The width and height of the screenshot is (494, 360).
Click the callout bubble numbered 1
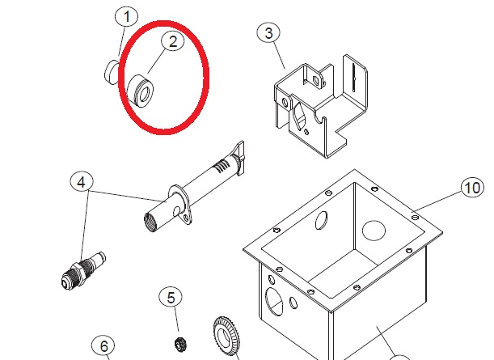(127, 16)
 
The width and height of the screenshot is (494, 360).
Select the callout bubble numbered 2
(173, 42)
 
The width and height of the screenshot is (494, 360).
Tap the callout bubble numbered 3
(268, 33)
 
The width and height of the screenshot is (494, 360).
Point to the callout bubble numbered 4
(82, 182)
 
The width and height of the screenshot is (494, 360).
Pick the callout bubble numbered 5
(171, 298)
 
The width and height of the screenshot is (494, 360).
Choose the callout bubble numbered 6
(103, 346)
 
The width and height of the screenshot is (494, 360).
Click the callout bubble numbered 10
(472, 188)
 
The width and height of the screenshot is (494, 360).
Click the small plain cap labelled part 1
(112, 73)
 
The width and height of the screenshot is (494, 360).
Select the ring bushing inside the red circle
(140, 91)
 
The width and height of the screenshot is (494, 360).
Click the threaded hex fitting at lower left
(83, 270)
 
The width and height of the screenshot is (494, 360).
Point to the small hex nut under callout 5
(180, 343)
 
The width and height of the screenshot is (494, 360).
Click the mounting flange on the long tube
(180, 205)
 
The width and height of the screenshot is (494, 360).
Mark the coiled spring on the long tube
(222, 167)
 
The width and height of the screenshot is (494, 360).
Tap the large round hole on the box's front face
(274, 302)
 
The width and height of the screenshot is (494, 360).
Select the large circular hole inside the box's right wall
(374, 230)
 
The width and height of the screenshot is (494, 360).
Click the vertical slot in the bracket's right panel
(354, 77)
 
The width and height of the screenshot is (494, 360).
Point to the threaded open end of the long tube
(150, 222)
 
